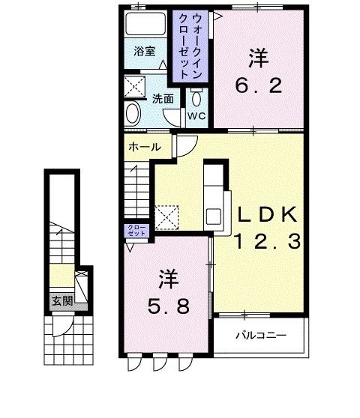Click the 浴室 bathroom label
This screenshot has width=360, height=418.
(x=145, y=51)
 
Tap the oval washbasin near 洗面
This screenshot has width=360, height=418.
(x=133, y=115)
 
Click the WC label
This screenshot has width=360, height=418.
(x=196, y=116)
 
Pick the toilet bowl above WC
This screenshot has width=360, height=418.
(x=196, y=98)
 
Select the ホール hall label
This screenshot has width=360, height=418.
(x=144, y=147)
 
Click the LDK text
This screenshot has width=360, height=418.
(x=267, y=216)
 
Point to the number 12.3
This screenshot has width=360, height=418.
(x=267, y=241)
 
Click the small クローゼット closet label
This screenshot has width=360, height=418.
(x=136, y=230)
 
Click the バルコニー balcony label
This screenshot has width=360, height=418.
(x=261, y=335)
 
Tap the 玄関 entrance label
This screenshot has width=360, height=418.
(x=61, y=301)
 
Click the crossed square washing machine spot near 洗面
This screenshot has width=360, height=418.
(x=137, y=86)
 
